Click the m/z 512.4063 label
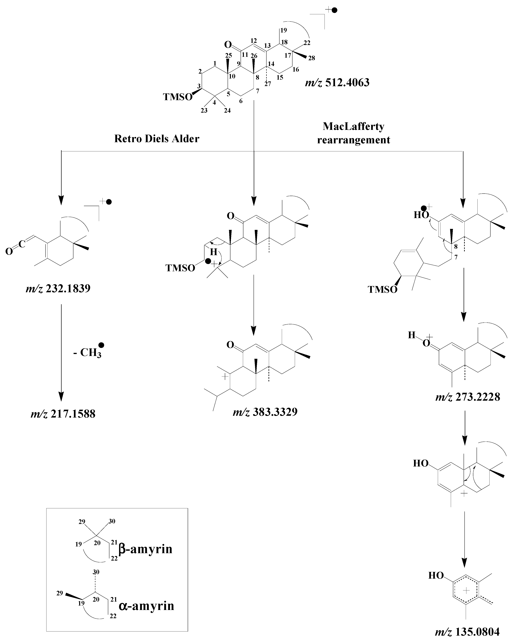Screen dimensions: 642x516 [x=337, y=82]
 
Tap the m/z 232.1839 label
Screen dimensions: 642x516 [x=58, y=288]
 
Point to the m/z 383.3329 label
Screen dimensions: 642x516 [x=265, y=412]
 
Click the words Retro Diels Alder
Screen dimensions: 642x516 [x=157, y=139]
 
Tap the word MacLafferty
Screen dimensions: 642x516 [x=353, y=127]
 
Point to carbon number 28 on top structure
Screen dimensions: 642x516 [x=311, y=58]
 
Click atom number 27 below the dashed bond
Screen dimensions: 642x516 [x=268, y=84]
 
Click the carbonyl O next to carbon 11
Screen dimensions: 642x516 [x=228, y=45]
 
